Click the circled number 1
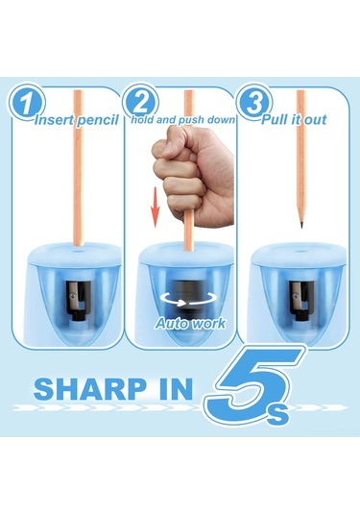[26, 102]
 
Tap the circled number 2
[140, 102]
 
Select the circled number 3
[254, 102]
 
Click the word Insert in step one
[54, 120]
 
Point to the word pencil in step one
[98, 121]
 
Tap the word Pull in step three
[275, 119]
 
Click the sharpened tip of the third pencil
[301, 225]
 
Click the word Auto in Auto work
[171, 324]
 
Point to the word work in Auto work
[208, 324]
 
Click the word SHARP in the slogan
[90, 389]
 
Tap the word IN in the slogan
[174, 389]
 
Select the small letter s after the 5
[278, 415]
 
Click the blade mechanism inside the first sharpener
[77, 300]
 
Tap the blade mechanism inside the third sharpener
[300, 300]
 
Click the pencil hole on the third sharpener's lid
[300, 252]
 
